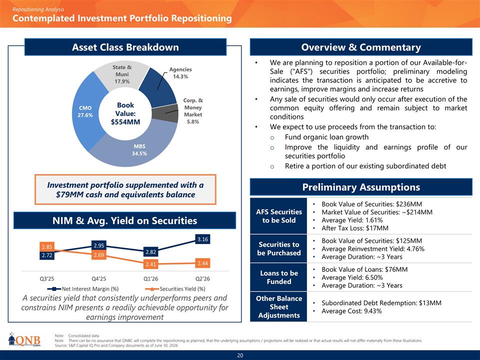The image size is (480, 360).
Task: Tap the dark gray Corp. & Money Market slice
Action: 165,113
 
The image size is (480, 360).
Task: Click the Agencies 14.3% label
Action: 180,73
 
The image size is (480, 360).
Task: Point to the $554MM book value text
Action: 125,122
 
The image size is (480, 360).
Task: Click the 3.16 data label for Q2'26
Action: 202,239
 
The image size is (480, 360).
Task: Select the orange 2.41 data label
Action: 150,264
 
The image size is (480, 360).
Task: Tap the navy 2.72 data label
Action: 47,255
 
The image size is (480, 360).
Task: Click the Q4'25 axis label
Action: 99,279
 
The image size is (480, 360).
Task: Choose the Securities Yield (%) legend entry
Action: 175,288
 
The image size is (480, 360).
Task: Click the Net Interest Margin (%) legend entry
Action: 83,288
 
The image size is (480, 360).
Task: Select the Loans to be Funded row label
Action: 279,277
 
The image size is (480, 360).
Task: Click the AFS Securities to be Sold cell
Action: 279,216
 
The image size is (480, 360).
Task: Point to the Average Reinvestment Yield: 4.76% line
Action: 373,249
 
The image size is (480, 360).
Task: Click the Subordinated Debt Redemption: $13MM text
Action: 381,303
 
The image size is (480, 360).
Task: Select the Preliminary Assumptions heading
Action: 361,187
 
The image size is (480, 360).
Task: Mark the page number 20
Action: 240,355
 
